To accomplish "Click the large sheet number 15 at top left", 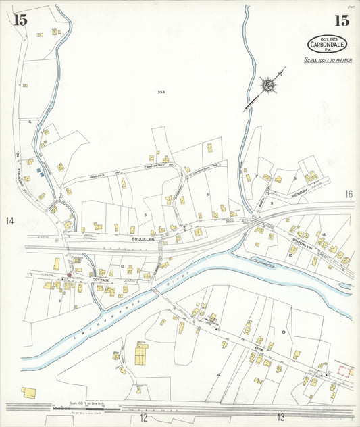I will pyautogui.click(x=20, y=20).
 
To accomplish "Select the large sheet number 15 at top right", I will pyautogui.click(x=341, y=20).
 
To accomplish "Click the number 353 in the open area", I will pyautogui.click(x=161, y=92).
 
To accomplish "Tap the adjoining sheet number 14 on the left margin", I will pyautogui.click(x=10, y=221).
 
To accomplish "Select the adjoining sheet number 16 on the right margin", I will pyautogui.click(x=349, y=194).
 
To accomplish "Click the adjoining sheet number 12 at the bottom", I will pyautogui.click(x=143, y=418).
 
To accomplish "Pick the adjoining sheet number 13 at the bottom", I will pyautogui.click(x=280, y=418).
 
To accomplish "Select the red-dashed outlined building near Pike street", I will pyautogui.click(x=345, y=371).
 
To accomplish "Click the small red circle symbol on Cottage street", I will pyautogui.click(x=68, y=275).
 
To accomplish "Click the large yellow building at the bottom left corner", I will pyautogui.click(x=29, y=392).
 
